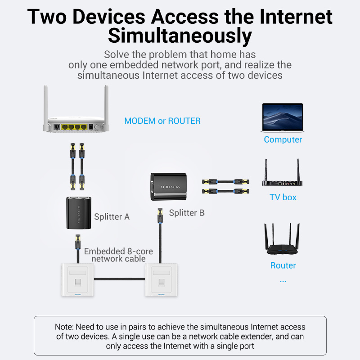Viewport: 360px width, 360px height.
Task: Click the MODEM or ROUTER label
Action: coord(162,121)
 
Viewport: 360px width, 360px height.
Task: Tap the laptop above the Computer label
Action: coord(283,117)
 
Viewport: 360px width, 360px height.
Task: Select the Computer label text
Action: coord(283,139)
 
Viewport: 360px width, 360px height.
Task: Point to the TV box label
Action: coord(283,197)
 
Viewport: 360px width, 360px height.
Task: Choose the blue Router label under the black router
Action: coord(283,265)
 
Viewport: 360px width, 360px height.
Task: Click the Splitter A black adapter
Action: coord(79,213)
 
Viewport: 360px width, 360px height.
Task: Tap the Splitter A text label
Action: coord(112,217)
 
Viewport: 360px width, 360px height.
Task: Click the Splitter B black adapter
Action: coord(168,187)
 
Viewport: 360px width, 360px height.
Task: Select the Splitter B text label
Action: coord(187,213)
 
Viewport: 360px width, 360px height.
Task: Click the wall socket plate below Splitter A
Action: coord(77,280)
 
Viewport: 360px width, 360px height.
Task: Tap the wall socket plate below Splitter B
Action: coord(161,280)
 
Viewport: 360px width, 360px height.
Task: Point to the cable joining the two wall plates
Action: coord(119,279)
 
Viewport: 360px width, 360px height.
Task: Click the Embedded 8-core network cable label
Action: coord(118,255)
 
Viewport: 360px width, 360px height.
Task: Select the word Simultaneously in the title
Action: coord(180,36)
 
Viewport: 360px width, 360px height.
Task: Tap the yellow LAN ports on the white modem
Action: coord(74,127)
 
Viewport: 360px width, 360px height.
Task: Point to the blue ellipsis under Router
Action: coord(283,281)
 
